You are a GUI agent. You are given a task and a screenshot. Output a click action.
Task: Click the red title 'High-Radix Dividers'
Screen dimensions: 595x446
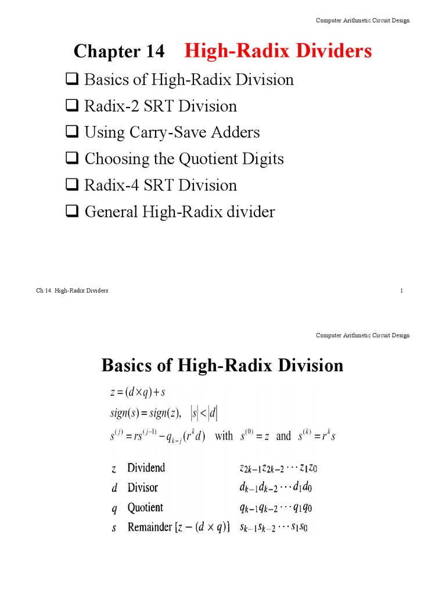pos(278,51)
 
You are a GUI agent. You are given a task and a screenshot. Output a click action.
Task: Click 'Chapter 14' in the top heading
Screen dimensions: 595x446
pos(119,52)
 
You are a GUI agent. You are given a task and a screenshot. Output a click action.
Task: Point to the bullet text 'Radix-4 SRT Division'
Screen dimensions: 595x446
pos(161,185)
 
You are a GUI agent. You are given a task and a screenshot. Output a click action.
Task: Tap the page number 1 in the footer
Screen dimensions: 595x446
pos(401,291)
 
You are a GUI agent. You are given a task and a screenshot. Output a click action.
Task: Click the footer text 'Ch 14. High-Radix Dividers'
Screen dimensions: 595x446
pos(72,291)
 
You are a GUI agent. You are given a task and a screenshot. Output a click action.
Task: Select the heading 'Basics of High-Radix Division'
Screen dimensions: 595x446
pos(222,365)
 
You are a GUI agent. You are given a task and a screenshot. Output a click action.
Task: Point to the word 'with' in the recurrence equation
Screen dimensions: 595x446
pos(224,436)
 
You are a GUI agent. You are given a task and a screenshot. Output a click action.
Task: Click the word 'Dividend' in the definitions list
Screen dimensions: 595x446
pos(146,468)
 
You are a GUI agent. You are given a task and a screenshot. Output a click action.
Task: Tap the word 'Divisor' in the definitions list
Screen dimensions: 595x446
pos(142,488)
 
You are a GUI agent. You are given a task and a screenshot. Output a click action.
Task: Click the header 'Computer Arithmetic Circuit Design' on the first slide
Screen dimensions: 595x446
pos(362,20)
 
